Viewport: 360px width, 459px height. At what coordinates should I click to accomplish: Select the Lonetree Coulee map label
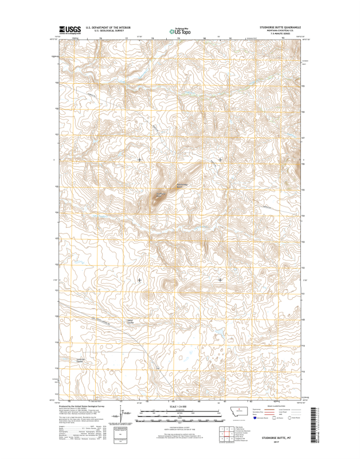point(81,361)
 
